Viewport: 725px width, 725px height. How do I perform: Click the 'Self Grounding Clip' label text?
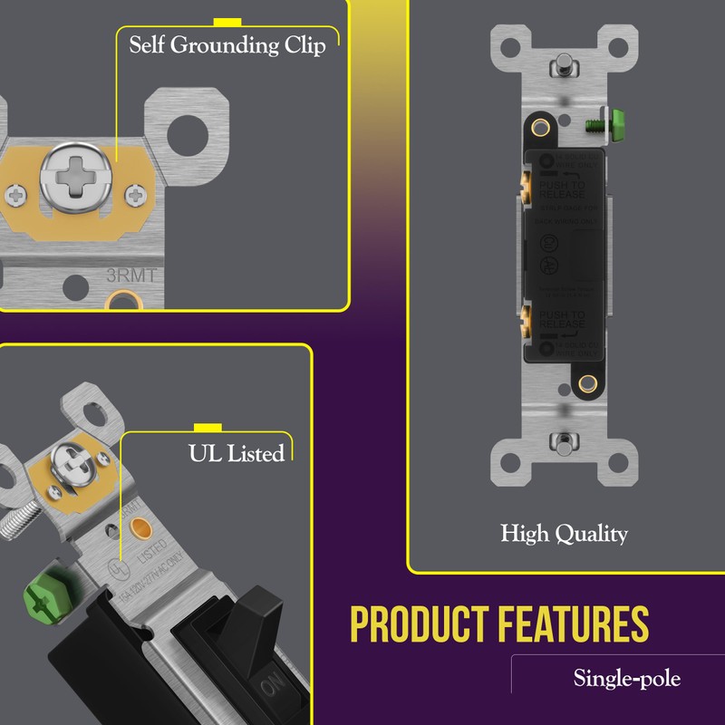pos(227,45)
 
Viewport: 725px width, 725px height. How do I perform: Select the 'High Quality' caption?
pos(564,534)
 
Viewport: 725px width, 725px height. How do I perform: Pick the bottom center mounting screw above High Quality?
pos(564,443)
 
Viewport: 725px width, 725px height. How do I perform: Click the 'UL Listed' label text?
pos(236,452)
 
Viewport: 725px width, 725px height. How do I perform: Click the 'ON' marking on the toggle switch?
pos(271,689)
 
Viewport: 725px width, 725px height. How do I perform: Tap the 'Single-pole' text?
pos(626,677)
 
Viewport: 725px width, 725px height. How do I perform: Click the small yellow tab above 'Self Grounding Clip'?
pos(226,21)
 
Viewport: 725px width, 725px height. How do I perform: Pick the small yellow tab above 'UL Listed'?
pos(208,427)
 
